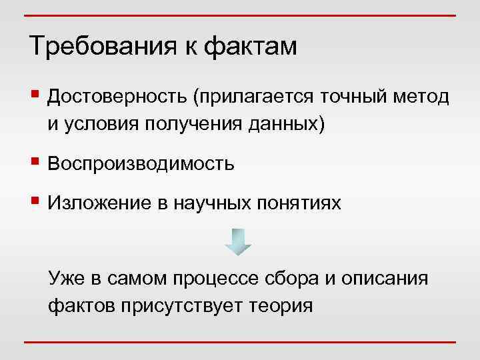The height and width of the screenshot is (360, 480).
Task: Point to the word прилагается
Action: [253, 99]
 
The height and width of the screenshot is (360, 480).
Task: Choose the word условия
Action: [101, 124]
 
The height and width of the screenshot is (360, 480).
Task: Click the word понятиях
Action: [299, 203]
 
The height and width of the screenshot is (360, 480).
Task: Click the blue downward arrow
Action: [237, 241]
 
